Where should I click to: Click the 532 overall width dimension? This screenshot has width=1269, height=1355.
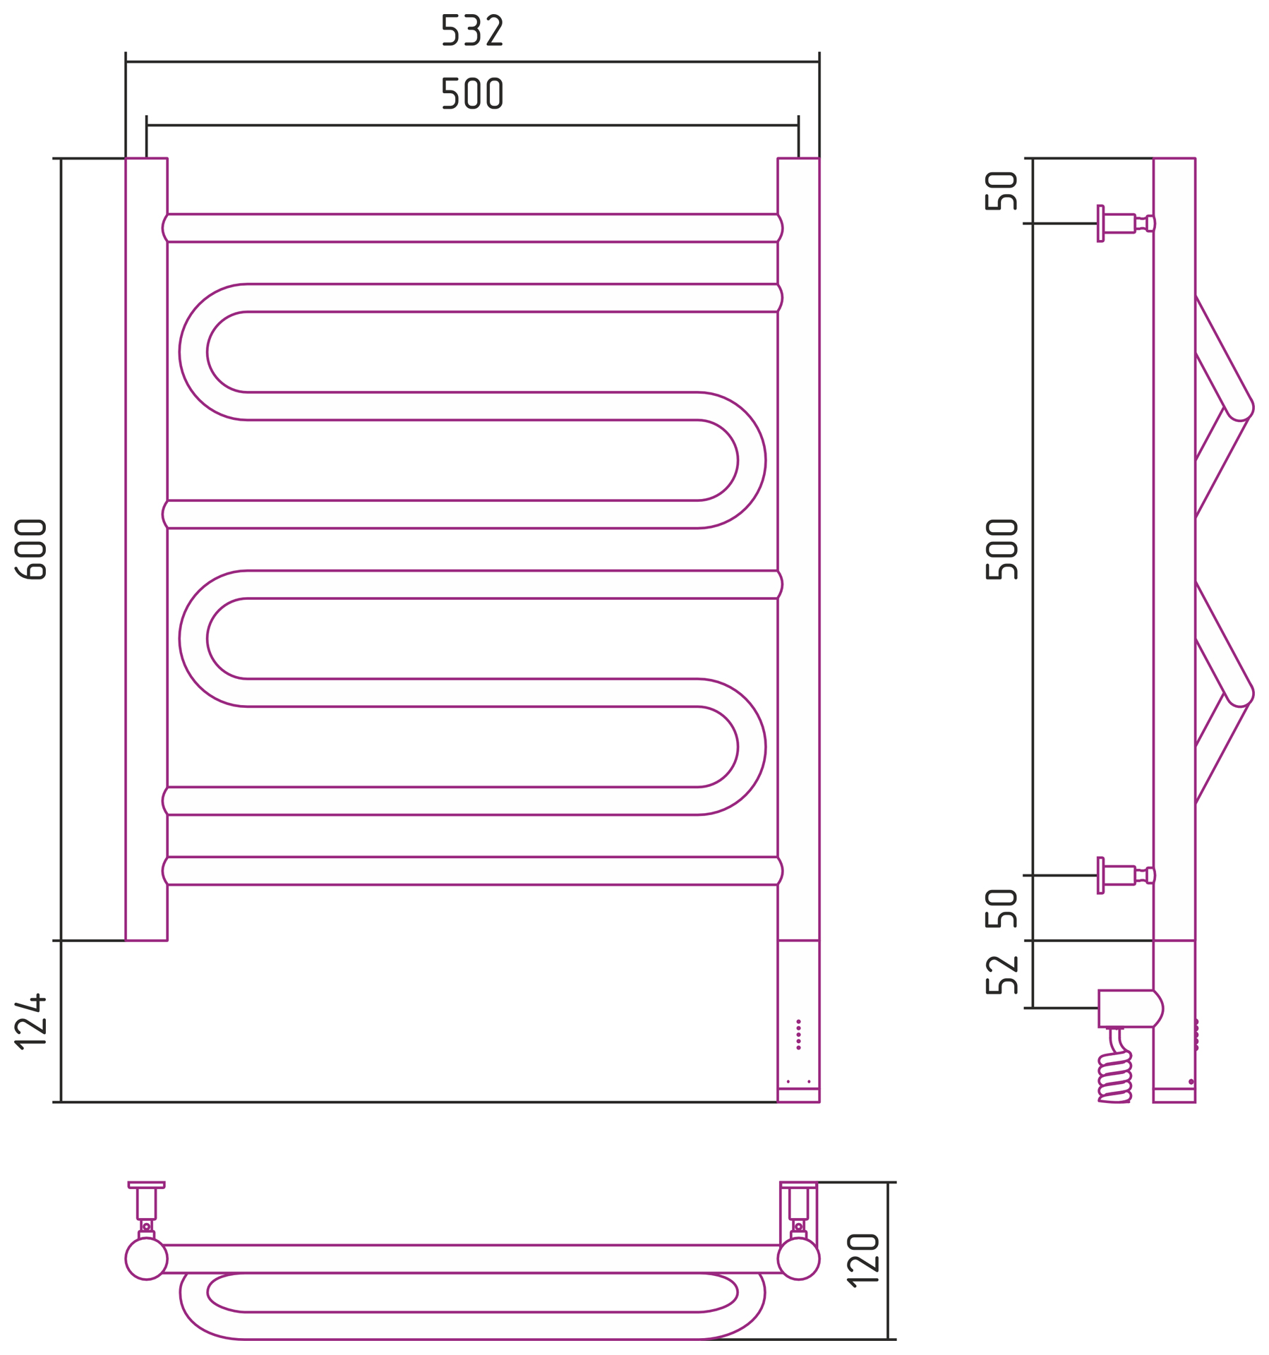[471, 31]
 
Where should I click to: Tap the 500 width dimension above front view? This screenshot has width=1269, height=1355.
[471, 94]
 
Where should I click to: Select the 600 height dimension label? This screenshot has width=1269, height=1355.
[31, 550]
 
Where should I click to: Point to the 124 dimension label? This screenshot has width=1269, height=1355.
[31, 1022]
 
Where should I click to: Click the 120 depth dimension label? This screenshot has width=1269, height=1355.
[863, 1260]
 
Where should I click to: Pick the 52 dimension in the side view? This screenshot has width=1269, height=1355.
[1002, 975]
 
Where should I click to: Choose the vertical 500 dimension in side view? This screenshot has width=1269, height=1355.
[1002, 550]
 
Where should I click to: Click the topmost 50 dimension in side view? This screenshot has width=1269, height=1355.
[1002, 191]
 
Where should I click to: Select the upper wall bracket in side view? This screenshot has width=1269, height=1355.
[1126, 224]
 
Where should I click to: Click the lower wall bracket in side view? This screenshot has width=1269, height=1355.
[1126, 876]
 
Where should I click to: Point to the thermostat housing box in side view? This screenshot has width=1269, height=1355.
[1130, 1008]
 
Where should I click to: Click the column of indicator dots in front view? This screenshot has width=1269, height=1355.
[798, 1035]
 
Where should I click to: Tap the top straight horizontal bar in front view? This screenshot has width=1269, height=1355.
[472, 228]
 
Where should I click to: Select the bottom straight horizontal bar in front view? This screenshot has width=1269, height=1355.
[472, 871]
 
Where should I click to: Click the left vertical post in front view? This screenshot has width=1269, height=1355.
[146, 550]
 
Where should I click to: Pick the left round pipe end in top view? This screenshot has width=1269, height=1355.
[146, 1258]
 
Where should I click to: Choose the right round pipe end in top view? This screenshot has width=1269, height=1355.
[798, 1258]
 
